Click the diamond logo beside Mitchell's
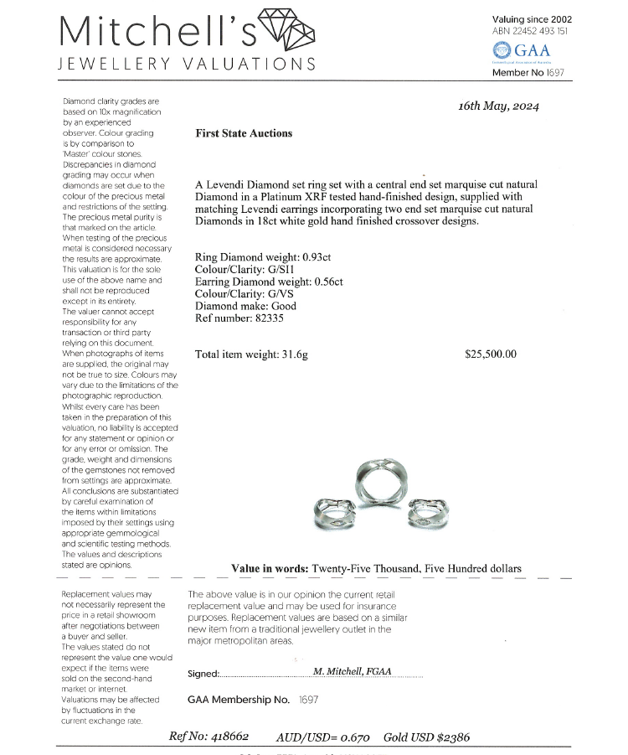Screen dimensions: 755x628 287,30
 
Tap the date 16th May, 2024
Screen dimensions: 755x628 499,106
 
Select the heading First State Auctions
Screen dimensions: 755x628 244,133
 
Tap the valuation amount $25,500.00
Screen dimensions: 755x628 491,354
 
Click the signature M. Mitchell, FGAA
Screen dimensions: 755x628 352,671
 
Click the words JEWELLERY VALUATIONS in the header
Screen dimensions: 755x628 186,65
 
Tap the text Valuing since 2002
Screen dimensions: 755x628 532,18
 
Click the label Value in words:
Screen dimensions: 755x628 269,568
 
